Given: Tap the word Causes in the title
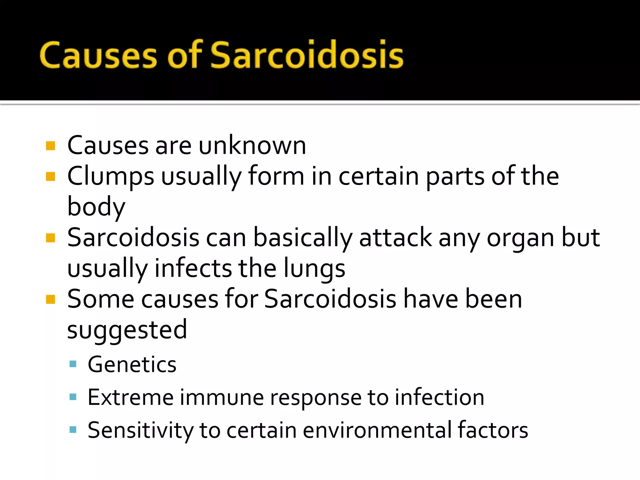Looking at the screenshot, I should [98, 55].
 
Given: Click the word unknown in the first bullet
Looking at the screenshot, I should [252, 145].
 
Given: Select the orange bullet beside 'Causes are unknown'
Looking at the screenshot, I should [50, 146].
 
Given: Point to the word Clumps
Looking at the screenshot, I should [111, 176].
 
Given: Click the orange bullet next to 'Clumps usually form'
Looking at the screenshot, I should [50, 177].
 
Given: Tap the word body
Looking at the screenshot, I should [96, 207].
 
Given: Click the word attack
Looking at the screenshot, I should [395, 237].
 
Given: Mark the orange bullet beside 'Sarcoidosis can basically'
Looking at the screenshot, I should [50, 238].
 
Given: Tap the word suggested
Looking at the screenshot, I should [127, 330].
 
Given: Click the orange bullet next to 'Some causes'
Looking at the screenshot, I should [50, 299].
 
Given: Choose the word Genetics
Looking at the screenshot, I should [132, 364].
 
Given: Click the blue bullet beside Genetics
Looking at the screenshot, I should [73, 364].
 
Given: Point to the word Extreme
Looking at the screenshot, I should [130, 397].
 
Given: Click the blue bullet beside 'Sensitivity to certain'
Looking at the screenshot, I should [73, 430].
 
